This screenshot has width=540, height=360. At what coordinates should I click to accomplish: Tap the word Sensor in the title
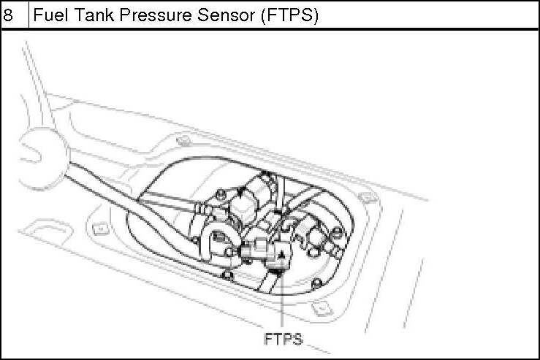tap(226, 16)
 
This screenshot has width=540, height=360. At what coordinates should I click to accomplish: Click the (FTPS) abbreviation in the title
tap(289, 16)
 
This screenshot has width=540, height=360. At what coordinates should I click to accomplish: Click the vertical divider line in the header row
tap(28, 16)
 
